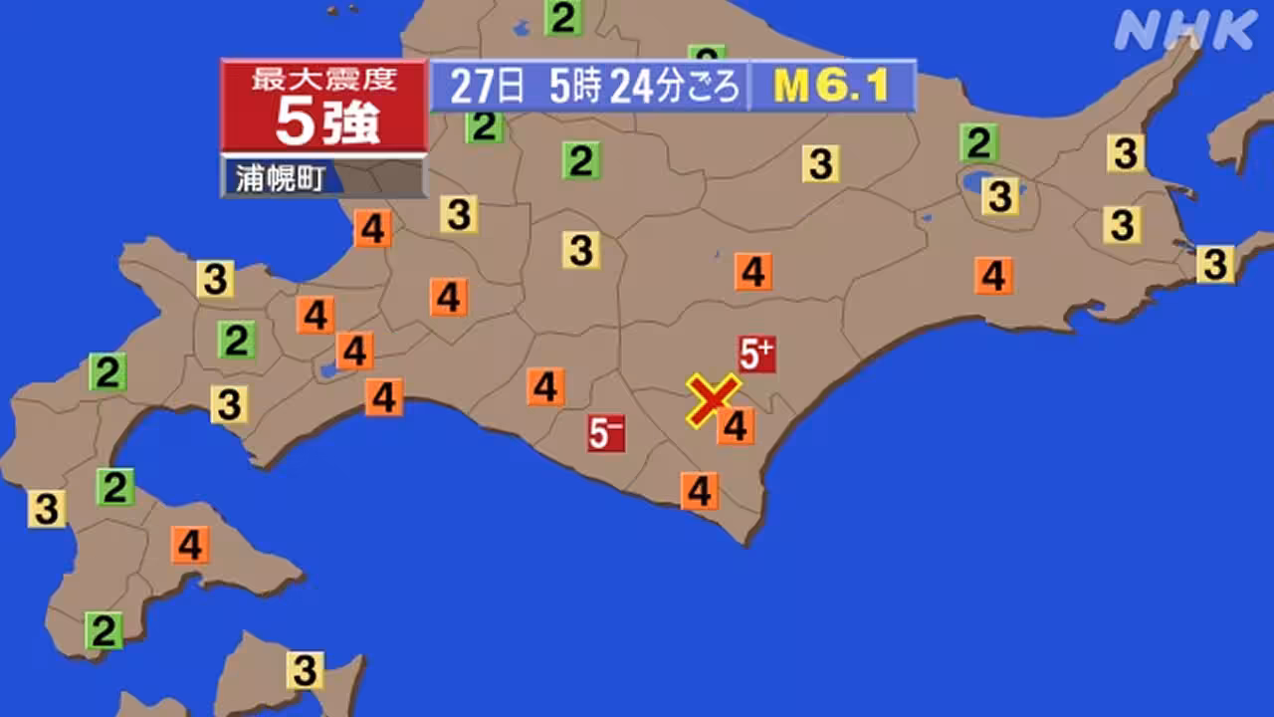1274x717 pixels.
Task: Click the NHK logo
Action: (x=1185, y=31)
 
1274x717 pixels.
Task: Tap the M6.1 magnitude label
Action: (x=831, y=87)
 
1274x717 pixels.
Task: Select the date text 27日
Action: (x=487, y=87)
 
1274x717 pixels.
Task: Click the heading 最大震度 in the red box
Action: (x=324, y=80)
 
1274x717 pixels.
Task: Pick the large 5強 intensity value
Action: (x=325, y=122)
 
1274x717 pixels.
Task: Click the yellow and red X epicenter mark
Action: (x=713, y=400)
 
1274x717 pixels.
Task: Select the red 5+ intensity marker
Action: (x=756, y=354)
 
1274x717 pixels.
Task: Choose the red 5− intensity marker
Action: (x=606, y=433)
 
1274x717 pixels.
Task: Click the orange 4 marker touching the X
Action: (x=736, y=426)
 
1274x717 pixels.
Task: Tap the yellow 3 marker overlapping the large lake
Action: (x=1000, y=196)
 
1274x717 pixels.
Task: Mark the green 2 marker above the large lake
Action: (x=979, y=143)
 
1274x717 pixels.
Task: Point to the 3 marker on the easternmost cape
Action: (x=1215, y=264)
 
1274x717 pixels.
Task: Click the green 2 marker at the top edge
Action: (x=563, y=18)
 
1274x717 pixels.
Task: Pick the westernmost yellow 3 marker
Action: (x=46, y=508)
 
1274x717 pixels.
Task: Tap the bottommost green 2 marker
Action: (x=104, y=630)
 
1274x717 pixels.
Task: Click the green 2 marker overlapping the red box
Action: (x=485, y=126)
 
